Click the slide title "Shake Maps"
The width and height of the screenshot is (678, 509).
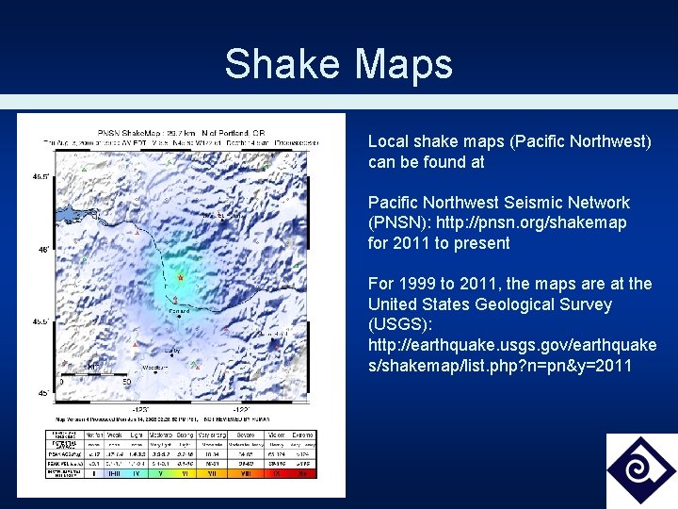pos(338,64)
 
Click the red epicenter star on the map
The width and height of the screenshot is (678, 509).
pos(180,278)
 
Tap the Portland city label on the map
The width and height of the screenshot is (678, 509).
pos(179,309)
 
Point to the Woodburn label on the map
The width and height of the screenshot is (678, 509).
pos(154,367)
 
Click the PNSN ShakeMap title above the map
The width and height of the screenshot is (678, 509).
pos(178,132)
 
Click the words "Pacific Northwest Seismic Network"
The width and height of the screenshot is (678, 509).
pos(498,203)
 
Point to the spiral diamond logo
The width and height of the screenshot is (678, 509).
pos(640,470)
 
